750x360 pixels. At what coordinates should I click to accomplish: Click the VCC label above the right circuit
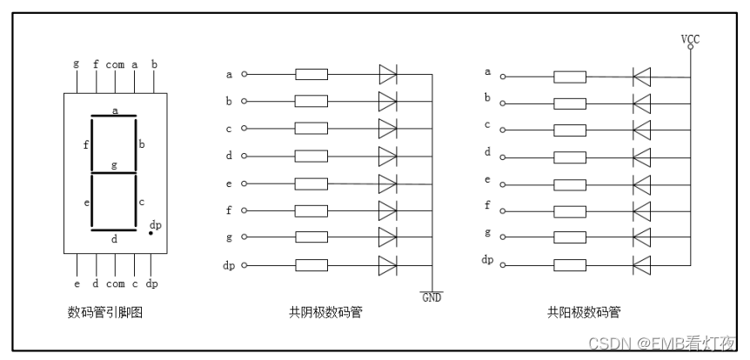point(691,38)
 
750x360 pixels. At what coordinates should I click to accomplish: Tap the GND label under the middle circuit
point(432,297)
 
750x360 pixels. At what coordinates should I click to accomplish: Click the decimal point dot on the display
point(150,233)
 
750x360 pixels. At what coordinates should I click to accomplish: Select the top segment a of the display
point(115,116)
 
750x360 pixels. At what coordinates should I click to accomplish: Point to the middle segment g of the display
point(115,173)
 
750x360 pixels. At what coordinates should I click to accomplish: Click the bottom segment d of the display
point(115,231)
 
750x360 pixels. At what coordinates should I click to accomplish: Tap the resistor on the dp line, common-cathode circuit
point(311,264)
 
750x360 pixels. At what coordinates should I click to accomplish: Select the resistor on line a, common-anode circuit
point(570,77)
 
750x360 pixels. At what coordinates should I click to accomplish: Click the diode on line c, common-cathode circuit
point(388,129)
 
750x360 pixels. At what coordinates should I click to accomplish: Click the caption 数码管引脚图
point(104,311)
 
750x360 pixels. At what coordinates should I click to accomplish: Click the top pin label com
point(115,64)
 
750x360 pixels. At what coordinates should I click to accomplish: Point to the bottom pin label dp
point(151,284)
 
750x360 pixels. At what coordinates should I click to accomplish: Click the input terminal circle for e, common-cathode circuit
point(244,183)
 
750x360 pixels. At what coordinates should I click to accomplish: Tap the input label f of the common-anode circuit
point(487,206)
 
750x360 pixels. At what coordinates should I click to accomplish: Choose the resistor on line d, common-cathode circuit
point(311,156)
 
